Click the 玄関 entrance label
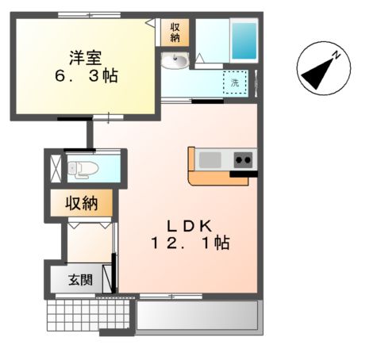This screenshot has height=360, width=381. pyautogui.click(x=79, y=279)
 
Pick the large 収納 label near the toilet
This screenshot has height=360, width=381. pyautogui.click(x=81, y=203)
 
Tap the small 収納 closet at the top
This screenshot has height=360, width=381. pyautogui.click(x=175, y=33)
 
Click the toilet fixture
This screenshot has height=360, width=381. pyautogui.click(x=83, y=168)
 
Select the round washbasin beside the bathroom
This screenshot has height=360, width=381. pyautogui.click(x=175, y=61)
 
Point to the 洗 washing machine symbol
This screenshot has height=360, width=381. pyautogui.click(x=235, y=82)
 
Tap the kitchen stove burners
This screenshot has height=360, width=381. pyautogui.click(x=243, y=159)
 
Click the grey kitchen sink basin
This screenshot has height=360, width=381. pyautogui.click(x=210, y=159)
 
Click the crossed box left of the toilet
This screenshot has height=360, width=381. pyautogui.click(x=56, y=167)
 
